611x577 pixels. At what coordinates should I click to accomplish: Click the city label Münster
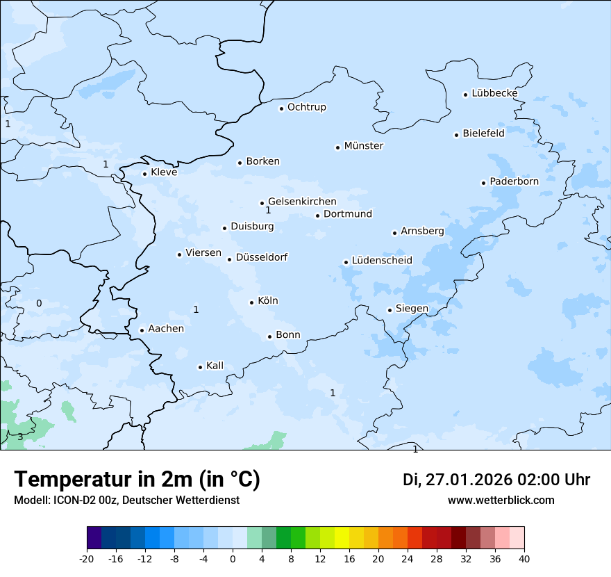(364, 146)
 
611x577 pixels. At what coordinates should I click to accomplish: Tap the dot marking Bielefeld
(457, 135)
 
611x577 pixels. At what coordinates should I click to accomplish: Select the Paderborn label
(514, 181)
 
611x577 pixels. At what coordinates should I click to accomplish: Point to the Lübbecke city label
(494, 93)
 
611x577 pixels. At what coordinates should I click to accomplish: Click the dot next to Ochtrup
(282, 108)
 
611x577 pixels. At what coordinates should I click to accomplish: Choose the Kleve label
(164, 172)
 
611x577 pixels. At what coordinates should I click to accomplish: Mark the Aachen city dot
(142, 331)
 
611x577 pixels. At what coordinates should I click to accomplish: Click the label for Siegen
(412, 309)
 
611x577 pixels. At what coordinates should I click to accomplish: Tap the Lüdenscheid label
(382, 261)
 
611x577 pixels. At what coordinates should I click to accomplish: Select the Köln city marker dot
(252, 302)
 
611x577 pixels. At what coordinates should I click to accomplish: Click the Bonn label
(288, 335)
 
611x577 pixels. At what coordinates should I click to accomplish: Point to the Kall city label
(215, 366)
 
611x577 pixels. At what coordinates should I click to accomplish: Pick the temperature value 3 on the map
(20, 437)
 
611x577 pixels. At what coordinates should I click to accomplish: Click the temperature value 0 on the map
(39, 303)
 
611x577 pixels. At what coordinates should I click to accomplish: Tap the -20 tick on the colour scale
(87, 558)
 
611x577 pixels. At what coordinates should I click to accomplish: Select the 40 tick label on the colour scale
(524, 558)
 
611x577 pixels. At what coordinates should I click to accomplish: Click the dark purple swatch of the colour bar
(94, 538)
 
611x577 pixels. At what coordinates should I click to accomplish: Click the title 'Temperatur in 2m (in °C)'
(137, 480)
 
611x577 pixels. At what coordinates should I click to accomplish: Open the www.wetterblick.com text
(501, 500)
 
